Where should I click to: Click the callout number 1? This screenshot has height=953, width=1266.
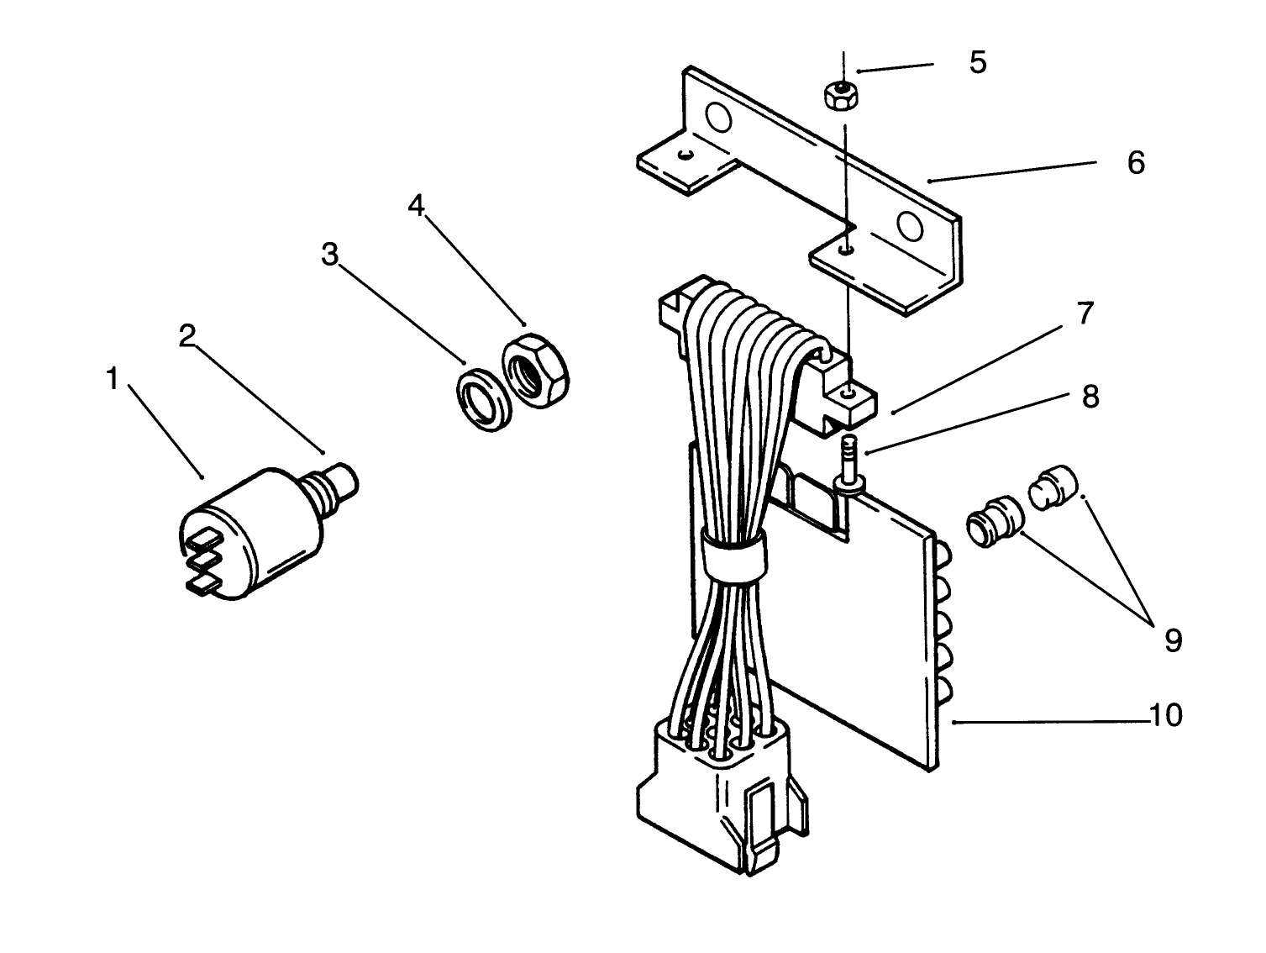[x=112, y=380]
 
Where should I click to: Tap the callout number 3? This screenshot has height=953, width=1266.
[x=330, y=254]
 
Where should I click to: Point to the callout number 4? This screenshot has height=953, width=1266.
[x=417, y=206]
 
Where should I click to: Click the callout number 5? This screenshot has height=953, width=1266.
[x=977, y=62]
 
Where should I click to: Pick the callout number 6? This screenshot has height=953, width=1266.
[x=1136, y=162]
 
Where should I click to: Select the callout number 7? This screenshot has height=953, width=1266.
[x=1085, y=313]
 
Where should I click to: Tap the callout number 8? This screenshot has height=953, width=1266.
[x=1090, y=396]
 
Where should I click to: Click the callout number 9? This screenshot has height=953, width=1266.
[x=1173, y=641]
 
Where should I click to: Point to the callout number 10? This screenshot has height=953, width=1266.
[x=1166, y=716]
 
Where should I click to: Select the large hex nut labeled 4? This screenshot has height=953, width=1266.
[x=536, y=370]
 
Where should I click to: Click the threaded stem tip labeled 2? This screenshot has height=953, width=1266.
[x=346, y=479]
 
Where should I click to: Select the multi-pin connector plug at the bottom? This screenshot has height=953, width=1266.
[x=722, y=798]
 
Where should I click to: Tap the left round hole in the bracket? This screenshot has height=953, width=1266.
[x=717, y=119]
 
